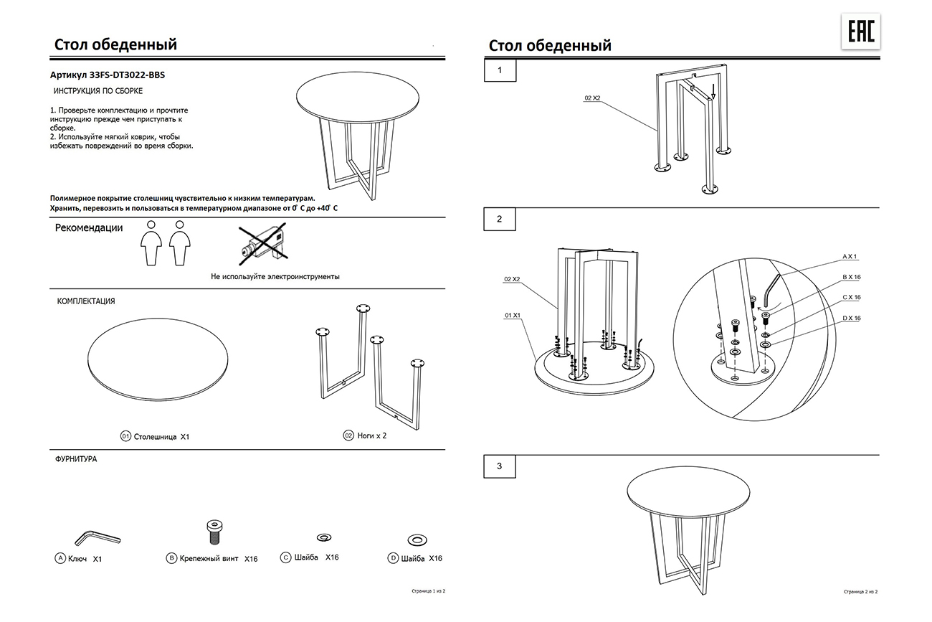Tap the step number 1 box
click(500, 70)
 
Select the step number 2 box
click(500, 219)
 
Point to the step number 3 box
click(500, 466)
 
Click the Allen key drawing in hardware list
click(97, 537)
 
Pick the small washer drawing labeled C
click(323, 537)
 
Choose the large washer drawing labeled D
click(416, 539)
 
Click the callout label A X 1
click(850, 256)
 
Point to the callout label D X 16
click(851, 318)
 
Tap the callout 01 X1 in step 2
click(512, 315)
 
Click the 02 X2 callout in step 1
click(592, 98)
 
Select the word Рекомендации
click(88, 228)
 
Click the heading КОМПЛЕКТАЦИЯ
click(86, 301)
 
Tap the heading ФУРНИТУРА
click(76, 459)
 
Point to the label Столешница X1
click(156, 436)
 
